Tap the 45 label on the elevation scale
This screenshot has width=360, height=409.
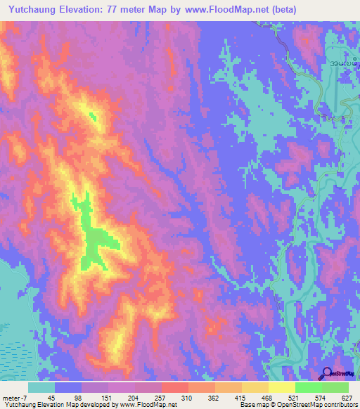pos(41,396)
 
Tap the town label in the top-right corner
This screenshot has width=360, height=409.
pos(345,65)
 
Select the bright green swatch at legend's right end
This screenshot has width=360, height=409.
pos(335,387)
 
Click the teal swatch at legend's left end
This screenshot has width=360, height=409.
pos(41,387)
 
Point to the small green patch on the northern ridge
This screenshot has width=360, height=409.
pos(93,117)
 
